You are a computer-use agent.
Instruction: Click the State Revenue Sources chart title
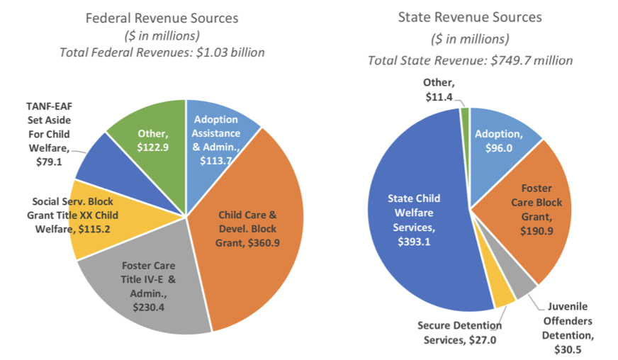[471, 16]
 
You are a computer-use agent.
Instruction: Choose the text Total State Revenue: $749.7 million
[470, 60]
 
